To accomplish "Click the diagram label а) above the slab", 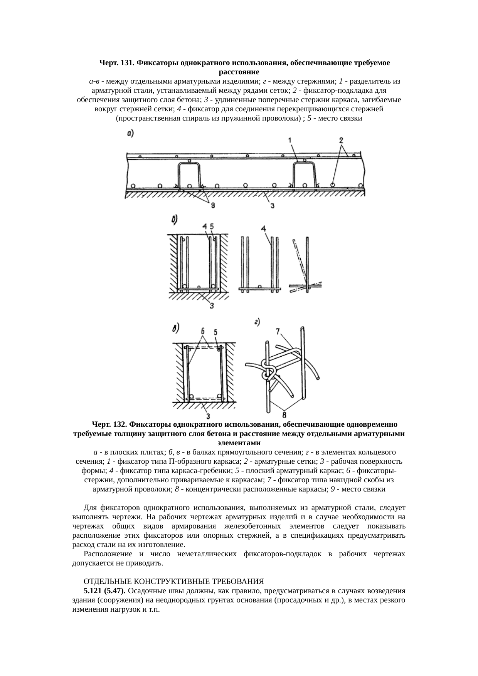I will coord(130,134).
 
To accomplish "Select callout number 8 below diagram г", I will coord(284,415).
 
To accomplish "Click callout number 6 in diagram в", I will coord(202,331).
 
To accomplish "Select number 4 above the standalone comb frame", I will coord(263,229).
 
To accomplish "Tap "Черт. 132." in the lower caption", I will coord(109,424).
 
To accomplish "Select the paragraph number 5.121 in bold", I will coord(93,591).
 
